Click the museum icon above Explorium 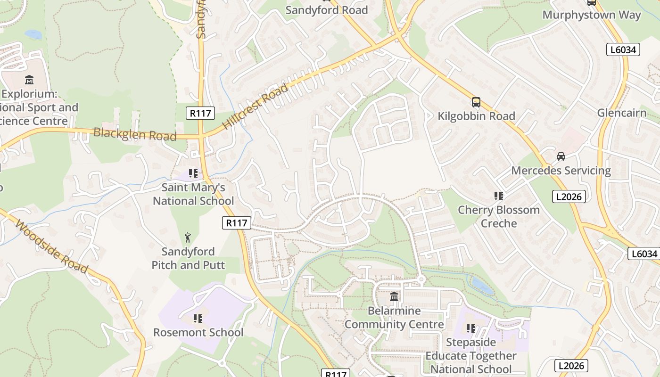pyautogui.click(x=29, y=80)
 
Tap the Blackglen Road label pyautogui.click(x=135, y=134)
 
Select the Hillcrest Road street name pyautogui.click(x=255, y=107)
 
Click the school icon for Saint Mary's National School pyautogui.click(x=193, y=173)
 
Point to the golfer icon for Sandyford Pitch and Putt pyautogui.click(x=188, y=238)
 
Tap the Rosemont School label pyautogui.click(x=198, y=332)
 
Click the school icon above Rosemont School pyautogui.click(x=198, y=319)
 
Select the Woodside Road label pyautogui.click(x=51, y=246)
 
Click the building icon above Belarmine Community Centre pyautogui.click(x=394, y=297)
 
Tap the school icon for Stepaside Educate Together pyautogui.click(x=470, y=328)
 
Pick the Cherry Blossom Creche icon pyautogui.click(x=498, y=196)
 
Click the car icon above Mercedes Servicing pyautogui.click(x=561, y=156)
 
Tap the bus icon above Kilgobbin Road pyautogui.click(x=476, y=102)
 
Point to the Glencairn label pyautogui.click(x=622, y=113)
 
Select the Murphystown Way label pyautogui.click(x=592, y=15)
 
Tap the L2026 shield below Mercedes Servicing pyautogui.click(x=569, y=197)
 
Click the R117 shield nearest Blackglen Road pyautogui.click(x=200, y=113)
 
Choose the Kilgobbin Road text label pyautogui.click(x=476, y=116)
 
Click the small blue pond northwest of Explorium pyautogui.click(x=33, y=34)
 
